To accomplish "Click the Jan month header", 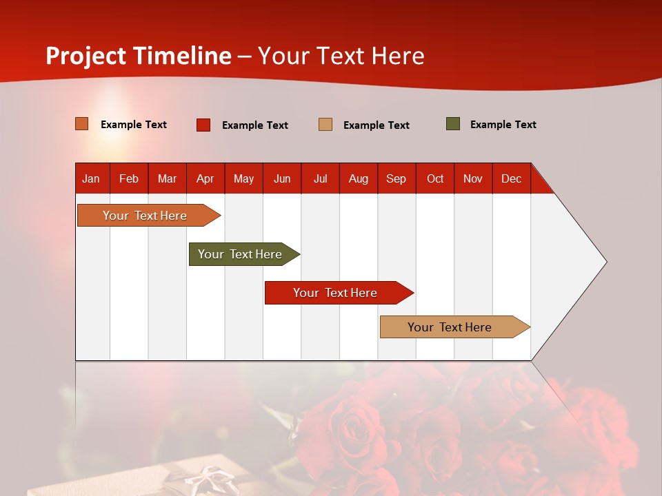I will pyautogui.click(x=91, y=178).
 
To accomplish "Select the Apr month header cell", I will pyautogui.click(x=205, y=178).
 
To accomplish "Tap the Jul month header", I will pyautogui.click(x=320, y=178).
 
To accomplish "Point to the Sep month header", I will pyautogui.click(x=397, y=178).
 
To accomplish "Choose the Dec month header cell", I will pyautogui.click(x=511, y=178).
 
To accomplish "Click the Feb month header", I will pyautogui.click(x=129, y=178).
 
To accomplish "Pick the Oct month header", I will pyautogui.click(x=435, y=178).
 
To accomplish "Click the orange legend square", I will pyautogui.click(x=82, y=124).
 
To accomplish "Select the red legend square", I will pyautogui.click(x=203, y=125).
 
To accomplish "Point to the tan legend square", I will pyautogui.click(x=325, y=125).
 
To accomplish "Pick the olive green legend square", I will pyautogui.click(x=453, y=124).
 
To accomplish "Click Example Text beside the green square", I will pyautogui.click(x=503, y=125).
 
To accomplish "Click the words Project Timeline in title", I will pyautogui.click(x=139, y=56).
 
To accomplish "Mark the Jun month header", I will pyautogui.click(x=282, y=178).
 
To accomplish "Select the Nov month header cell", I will pyautogui.click(x=473, y=178).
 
